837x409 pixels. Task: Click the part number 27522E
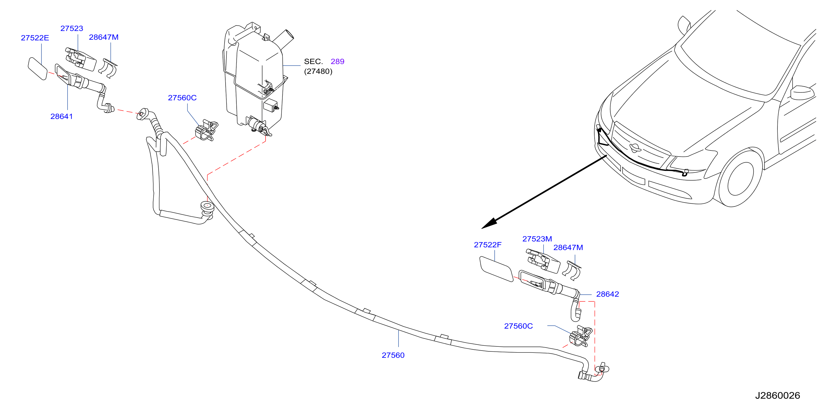35,38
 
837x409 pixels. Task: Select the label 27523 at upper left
72,29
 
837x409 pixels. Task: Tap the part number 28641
62,117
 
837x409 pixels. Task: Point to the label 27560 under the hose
393,356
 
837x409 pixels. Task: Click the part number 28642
608,294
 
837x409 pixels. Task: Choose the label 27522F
488,245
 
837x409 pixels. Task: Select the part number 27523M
537,239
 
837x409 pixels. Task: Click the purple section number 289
338,62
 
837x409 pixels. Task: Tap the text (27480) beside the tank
318,71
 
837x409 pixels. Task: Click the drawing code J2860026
777,396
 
